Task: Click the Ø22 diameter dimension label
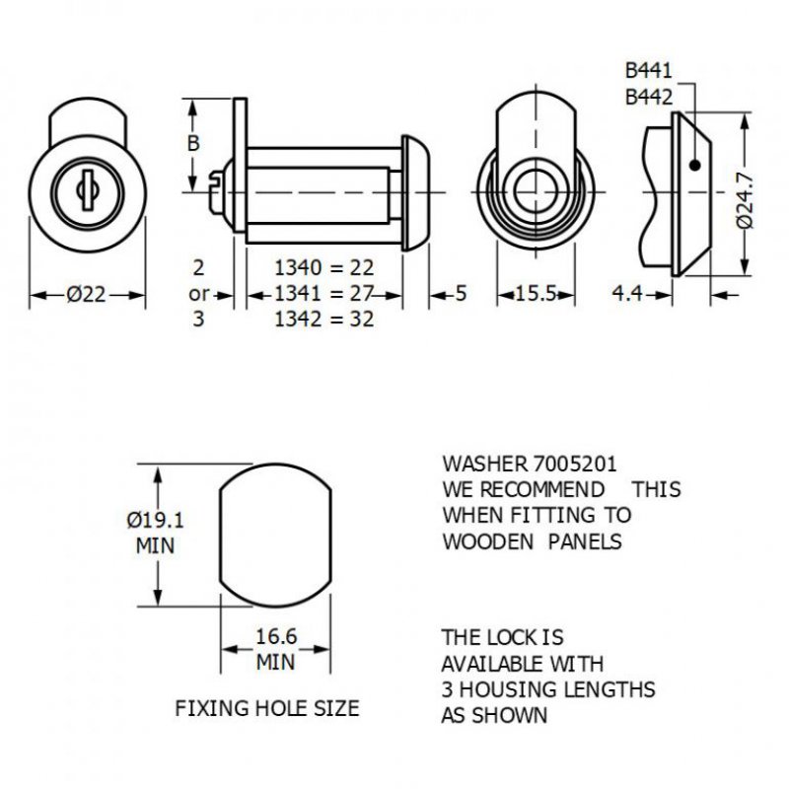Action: [x=87, y=295]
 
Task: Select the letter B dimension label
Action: [x=193, y=144]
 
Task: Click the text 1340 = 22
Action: [x=323, y=267]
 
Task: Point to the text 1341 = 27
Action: [x=323, y=294]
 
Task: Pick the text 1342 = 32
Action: [x=323, y=320]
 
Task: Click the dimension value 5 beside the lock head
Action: [x=462, y=294]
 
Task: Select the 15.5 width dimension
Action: [x=537, y=295]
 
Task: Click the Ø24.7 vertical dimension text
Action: [x=746, y=201]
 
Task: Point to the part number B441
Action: [x=648, y=71]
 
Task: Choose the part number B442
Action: [x=648, y=97]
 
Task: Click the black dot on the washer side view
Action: [x=696, y=165]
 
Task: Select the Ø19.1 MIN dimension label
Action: [x=157, y=532]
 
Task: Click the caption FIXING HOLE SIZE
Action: [x=266, y=708]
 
